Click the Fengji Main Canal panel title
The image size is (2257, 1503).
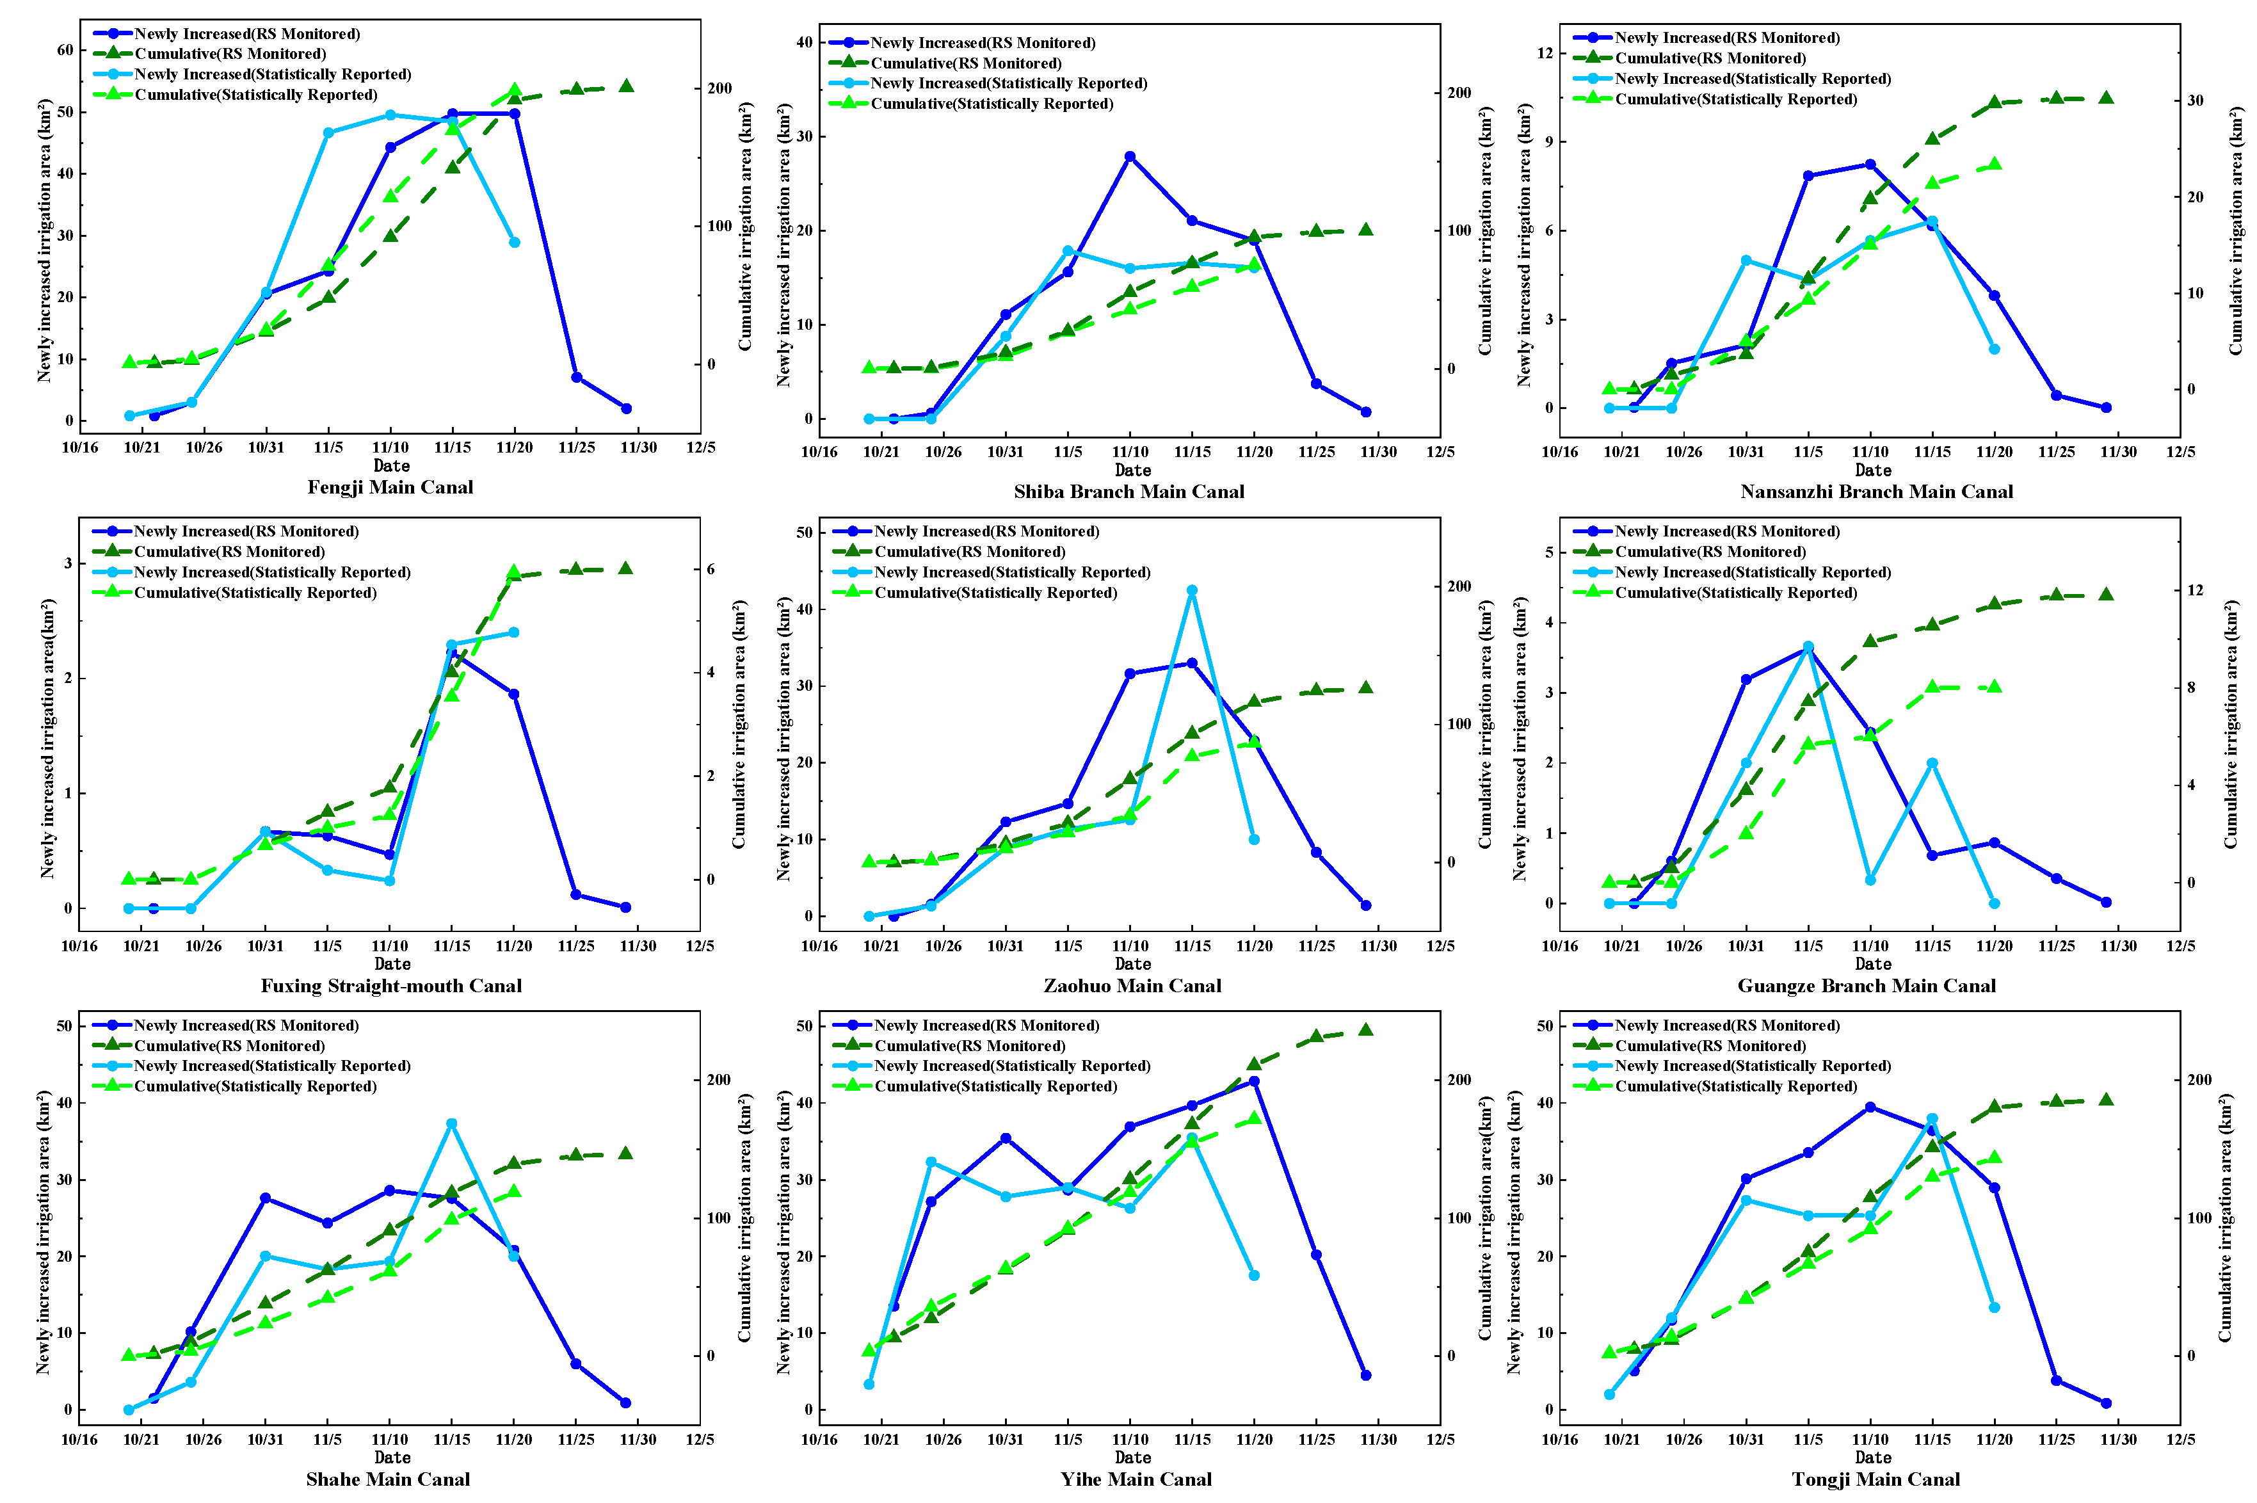pyautogui.click(x=390, y=487)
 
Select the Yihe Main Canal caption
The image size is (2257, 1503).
pyautogui.click(x=1135, y=1479)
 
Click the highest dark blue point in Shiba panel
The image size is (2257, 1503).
pyautogui.click(x=1129, y=156)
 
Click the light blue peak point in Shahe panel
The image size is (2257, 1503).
pyautogui.click(x=451, y=1123)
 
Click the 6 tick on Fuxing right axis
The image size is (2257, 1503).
pyautogui.click(x=710, y=569)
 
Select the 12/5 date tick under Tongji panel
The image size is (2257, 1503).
pyautogui.click(x=2180, y=1440)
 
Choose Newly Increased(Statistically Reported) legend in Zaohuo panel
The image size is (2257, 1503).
pyautogui.click(x=1011, y=572)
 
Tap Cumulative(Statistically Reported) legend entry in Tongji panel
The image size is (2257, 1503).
pyautogui.click(x=1735, y=1086)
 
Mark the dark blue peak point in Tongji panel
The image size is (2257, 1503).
pyautogui.click(x=1869, y=1107)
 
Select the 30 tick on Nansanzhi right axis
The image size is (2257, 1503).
pyautogui.click(x=2195, y=100)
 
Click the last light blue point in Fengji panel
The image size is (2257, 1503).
pyautogui.click(x=514, y=243)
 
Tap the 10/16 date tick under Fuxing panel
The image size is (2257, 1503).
pyautogui.click(x=79, y=946)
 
